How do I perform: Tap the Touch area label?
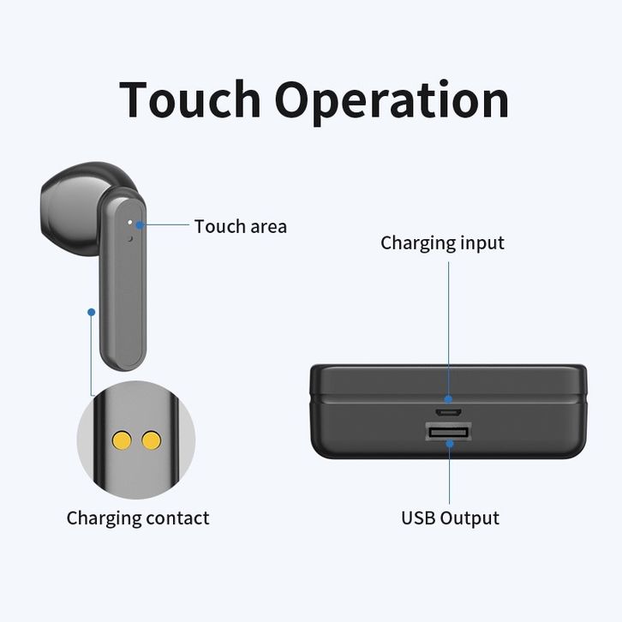click(x=240, y=227)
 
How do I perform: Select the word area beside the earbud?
click(x=264, y=228)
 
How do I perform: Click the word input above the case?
click(x=481, y=243)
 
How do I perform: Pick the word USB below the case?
click(x=419, y=518)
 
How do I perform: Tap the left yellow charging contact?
click(x=122, y=440)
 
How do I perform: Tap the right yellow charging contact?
click(x=152, y=440)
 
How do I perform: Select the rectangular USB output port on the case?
click(x=448, y=434)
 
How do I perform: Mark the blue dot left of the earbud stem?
click(x=91, y=311)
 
